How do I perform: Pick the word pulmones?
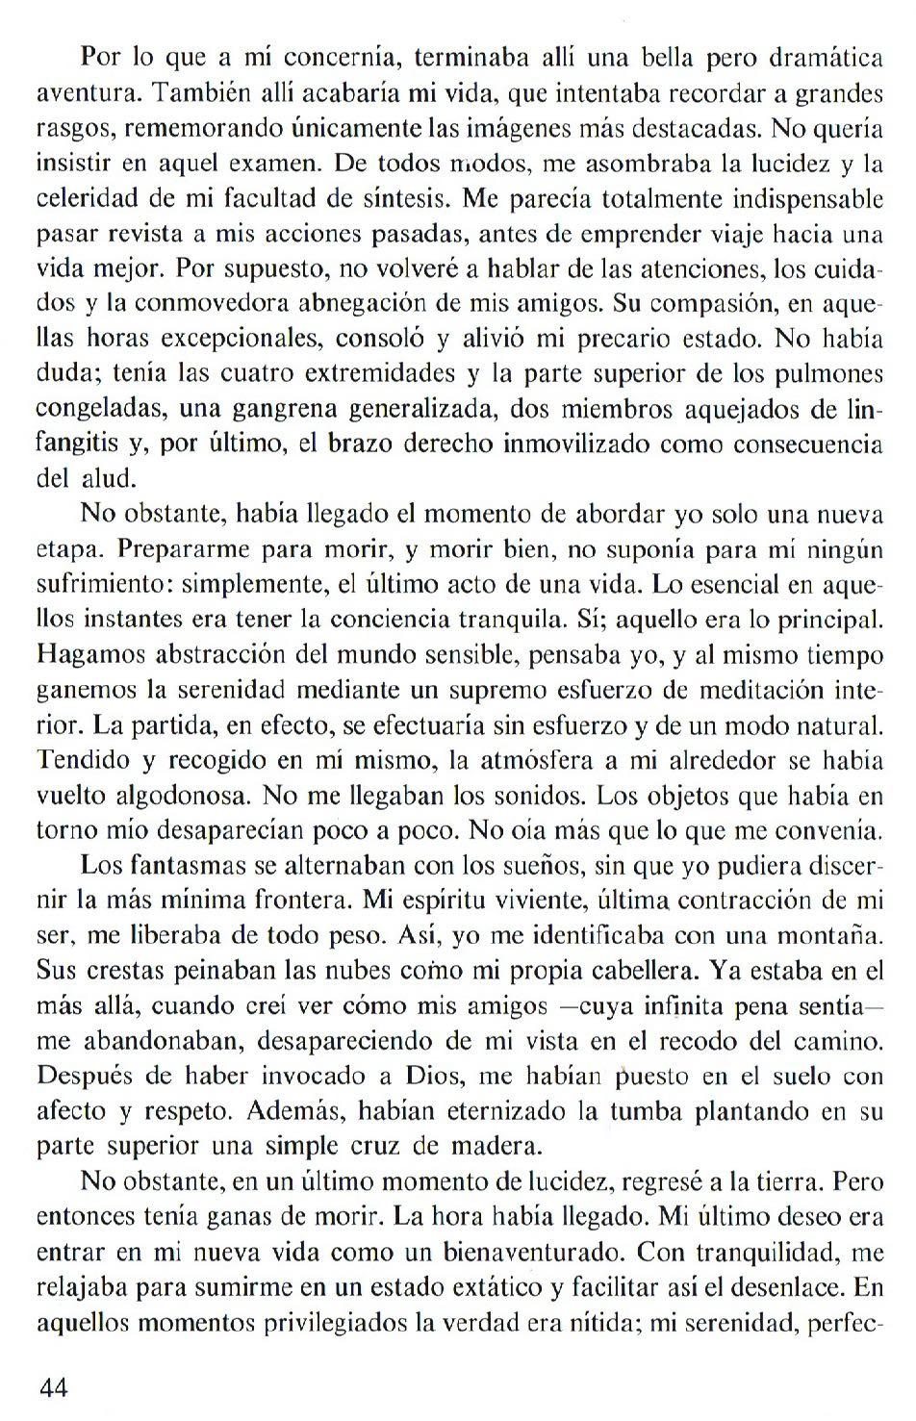tap(836, 374)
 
